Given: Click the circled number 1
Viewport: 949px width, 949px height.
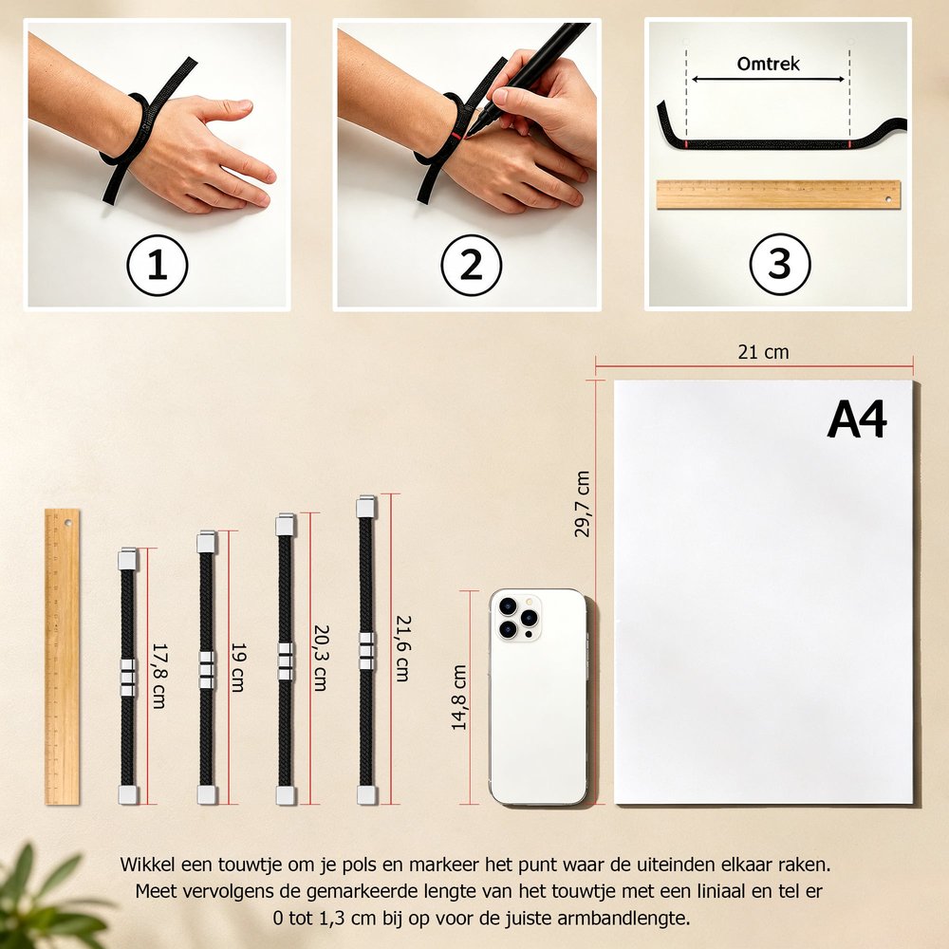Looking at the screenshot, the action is [158, 265].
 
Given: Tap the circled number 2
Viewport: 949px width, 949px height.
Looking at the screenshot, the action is [472, 265].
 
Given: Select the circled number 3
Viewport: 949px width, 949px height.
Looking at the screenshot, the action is [779, 264].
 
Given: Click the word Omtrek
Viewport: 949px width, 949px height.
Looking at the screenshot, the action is [768, 64].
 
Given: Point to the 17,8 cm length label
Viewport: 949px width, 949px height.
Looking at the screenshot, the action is [158, 676].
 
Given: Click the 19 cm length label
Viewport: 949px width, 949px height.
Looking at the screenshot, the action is [238, 667].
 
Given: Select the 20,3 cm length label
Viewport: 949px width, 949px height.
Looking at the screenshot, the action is [320, 658].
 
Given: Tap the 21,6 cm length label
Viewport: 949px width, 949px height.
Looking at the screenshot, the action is [403, 649].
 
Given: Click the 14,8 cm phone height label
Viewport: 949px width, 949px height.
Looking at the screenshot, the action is [459, 698].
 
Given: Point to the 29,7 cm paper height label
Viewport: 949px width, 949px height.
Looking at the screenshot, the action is [582, 504].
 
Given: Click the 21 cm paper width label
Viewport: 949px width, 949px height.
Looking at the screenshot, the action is [763, 352].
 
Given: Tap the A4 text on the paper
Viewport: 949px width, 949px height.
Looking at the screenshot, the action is [856, 419].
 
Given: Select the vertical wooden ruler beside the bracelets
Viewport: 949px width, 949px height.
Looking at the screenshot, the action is [62, 657].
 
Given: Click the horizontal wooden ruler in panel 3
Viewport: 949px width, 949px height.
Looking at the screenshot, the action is [778, 195].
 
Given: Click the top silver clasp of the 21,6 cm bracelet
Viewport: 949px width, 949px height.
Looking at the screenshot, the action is [366, 507].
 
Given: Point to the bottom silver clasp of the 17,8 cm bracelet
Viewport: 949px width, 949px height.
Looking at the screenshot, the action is [128, 794].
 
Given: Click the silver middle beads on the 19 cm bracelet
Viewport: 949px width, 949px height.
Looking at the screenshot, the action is [207, 670].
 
